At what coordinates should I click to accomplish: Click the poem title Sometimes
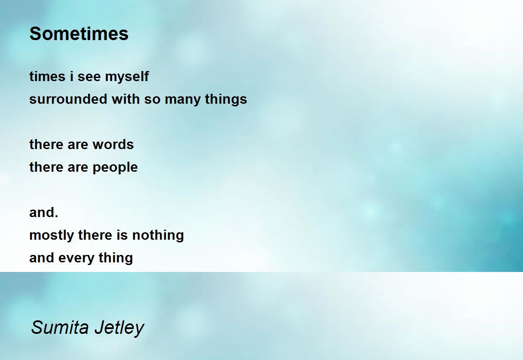pos(79,34)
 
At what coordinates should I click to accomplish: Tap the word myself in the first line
pos(127,77)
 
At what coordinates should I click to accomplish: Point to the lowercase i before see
pos(71,76)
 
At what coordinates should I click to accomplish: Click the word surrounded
pos(68,99)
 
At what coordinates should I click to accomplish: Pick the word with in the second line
pos(126,99)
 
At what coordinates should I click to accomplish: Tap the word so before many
pos(152,100)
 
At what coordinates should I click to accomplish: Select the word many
pos(183,100)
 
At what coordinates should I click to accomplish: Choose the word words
pos(113,145)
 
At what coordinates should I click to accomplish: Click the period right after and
pos(56,217)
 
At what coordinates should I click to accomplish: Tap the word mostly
pos(51,235)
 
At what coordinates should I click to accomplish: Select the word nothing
pos(158,235)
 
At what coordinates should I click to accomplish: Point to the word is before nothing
pos(122,235)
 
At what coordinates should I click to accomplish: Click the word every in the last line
pos(76,258)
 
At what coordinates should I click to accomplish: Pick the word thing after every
pos(116,258)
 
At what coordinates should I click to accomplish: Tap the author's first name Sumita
pos(60,327)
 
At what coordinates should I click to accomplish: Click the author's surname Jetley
pos(119,328)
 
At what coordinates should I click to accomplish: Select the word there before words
pos(46,145)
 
